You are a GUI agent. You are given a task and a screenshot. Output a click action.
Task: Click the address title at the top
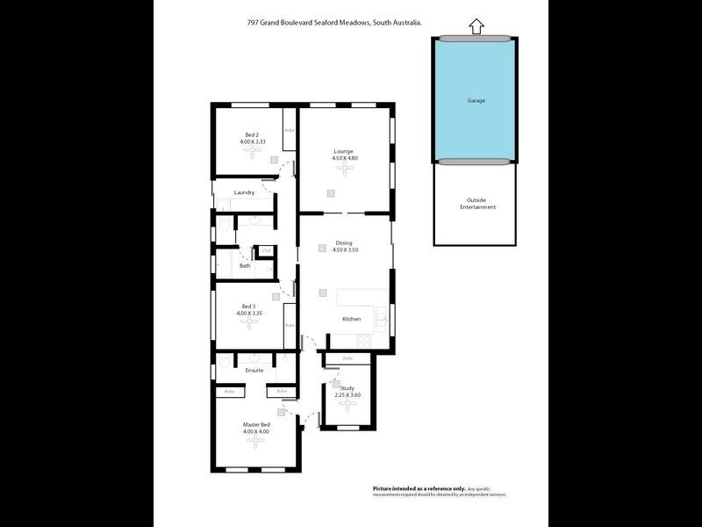click(334, 24)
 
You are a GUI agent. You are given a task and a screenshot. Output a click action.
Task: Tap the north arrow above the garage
click(476, 27)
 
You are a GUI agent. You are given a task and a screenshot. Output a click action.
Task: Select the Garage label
click(476, 100)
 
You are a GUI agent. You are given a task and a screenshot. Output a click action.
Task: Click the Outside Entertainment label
click(477, 204)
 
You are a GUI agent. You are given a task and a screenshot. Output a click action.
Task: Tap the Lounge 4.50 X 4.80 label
click(343, 155)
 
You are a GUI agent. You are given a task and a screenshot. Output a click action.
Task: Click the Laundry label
click(244, 192)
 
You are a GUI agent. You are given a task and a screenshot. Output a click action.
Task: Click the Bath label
click(245, 265)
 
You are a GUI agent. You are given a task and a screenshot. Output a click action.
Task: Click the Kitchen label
click(351, 319)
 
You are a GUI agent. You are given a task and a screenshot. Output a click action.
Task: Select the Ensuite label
click(254, 370)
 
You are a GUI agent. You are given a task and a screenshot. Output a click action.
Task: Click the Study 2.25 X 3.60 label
click(348, 392)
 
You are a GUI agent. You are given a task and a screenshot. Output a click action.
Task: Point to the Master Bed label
click(256, 428)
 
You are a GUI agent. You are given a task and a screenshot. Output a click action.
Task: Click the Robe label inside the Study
click(347, 358)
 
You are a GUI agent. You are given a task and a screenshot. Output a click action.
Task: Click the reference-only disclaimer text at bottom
click(439, 491)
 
